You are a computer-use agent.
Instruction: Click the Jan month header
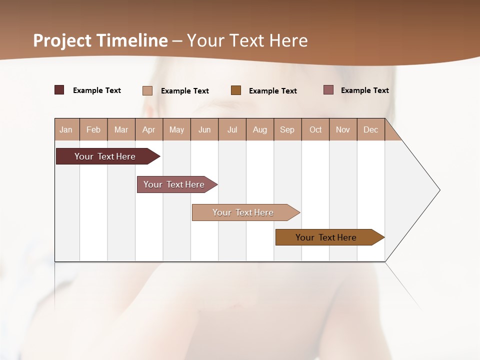(66, 129)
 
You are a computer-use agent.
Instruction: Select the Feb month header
(93, 129)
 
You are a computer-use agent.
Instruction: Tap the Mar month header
(121, 129)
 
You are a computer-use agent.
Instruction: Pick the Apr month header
(149, 129)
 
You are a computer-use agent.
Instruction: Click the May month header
(176, 129)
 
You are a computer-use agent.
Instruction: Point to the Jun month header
(204, 129)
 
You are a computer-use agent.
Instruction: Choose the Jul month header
(232, 129)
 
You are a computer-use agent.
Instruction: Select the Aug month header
(260, 129)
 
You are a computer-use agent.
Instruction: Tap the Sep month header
(287, 129)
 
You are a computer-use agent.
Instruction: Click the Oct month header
(315, 129)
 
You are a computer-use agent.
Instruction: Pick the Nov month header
(343, 129)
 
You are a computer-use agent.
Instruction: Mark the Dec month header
(371, 129)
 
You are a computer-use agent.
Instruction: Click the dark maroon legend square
(59, 90)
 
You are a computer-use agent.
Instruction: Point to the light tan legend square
(147, 90)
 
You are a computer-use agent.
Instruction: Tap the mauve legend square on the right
(328, 90)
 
